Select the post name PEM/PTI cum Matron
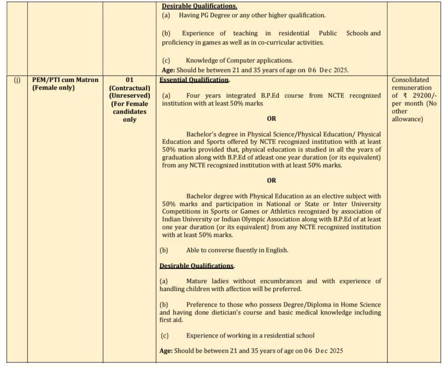(65, 80)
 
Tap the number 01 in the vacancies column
(129, 80)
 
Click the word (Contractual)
(129, 88)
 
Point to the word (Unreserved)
(129, 96)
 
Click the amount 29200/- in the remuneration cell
(422, 96)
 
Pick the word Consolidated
(410, 80)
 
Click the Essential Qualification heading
(194, 80)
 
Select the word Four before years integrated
(195, 96)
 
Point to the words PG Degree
(214, 15)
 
